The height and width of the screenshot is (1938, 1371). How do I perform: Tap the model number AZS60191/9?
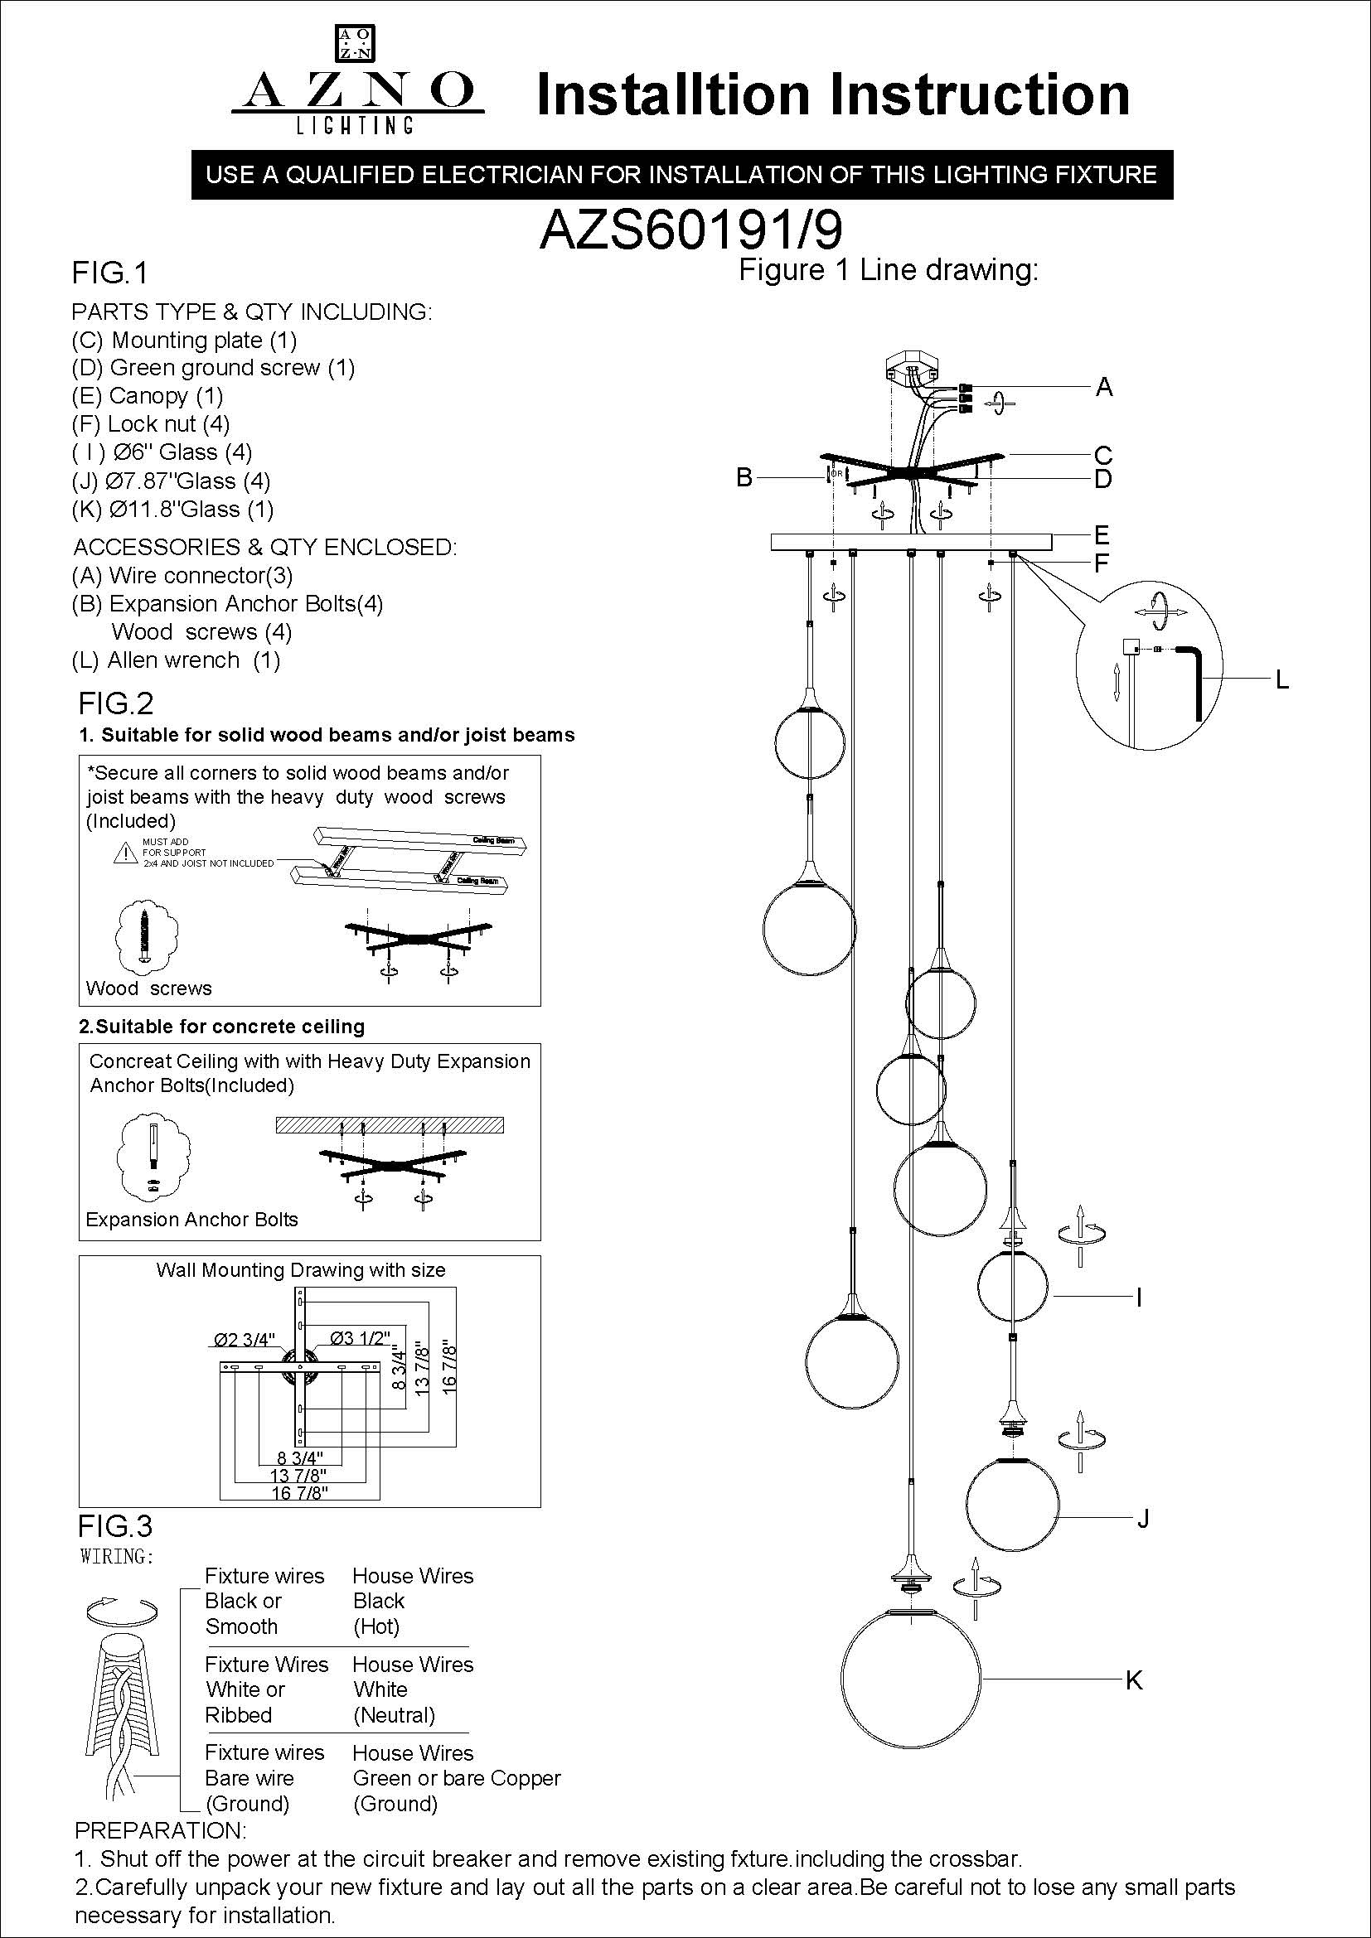point(690,230)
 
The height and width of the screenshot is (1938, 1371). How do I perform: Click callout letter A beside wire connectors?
point(1103,388)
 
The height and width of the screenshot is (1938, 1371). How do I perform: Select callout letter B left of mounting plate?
point(744,478)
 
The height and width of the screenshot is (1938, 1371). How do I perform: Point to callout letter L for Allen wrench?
point(1281,679)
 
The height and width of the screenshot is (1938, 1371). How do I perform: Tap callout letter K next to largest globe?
point(1134,1679)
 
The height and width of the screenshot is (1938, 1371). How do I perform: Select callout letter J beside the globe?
point(1143,1520)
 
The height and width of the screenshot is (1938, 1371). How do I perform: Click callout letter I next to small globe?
point(1139,1297)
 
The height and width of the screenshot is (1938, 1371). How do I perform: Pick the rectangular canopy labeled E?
point(911,542)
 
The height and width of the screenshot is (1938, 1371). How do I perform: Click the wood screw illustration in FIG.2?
point(146,935)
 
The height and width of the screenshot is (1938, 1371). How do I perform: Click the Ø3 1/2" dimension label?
point(361,1338)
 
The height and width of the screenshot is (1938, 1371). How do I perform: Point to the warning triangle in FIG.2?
point(126,853)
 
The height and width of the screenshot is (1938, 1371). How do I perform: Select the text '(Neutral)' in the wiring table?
point(394,1715)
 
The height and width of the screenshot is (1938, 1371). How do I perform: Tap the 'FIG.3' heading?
point(116,1526)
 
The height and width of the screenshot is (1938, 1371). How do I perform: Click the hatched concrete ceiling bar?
point(390,1125)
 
